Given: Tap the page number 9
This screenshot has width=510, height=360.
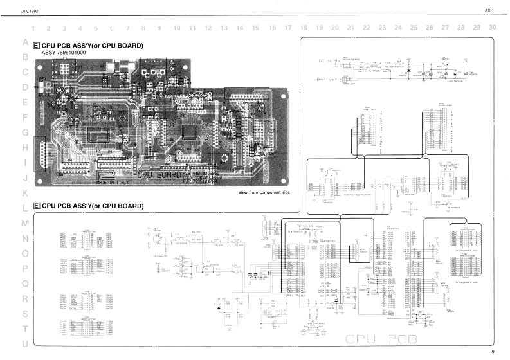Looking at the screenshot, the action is pos(493,352).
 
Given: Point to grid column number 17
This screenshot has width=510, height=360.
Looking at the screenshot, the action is pos(287,28).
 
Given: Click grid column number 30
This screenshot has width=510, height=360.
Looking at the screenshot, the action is pos(492,28).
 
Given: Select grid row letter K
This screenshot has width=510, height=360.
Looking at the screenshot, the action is pos(25,192).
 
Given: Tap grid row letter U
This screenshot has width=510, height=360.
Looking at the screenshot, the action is pos(25,344).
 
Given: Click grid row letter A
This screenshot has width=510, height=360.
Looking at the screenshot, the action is pos(25,42).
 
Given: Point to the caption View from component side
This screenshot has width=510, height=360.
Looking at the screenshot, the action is pos(264,192).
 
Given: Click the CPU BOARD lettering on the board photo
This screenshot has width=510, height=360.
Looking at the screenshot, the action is pos(159,174).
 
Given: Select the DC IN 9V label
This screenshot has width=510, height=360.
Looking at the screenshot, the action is pos(329,60).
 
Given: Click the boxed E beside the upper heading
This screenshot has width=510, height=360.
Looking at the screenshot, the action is pos(36,46).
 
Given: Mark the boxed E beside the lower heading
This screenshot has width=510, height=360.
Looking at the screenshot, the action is pos(36,206).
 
